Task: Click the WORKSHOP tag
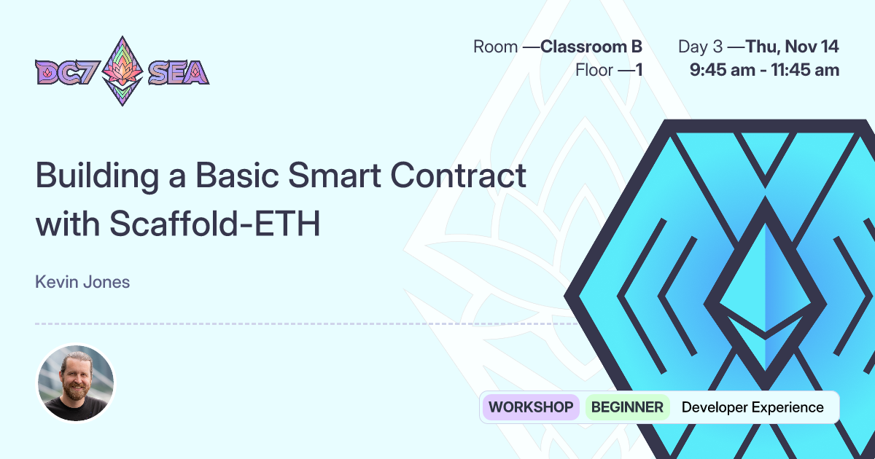pos(530,407)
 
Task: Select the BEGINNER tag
pos(627,407)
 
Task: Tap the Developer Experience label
pos(752,407)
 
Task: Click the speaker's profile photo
pos(76,382)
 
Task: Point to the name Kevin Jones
pos(82,282)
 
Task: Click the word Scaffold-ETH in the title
pos(215,224)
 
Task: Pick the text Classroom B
pos(591,47)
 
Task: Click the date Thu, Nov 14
pos(792,47)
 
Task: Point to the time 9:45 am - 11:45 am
pos(764,71)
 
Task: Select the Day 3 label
pos(700,47)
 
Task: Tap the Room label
pos(496,47)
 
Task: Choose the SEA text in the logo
pos(179,72)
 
